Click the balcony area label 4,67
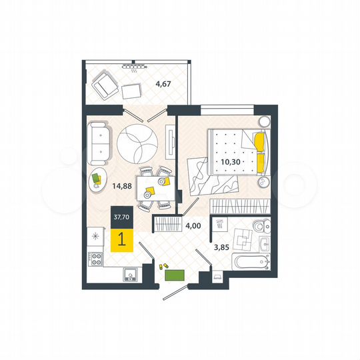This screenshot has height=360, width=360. click(x=163, y=84)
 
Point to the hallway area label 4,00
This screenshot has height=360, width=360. click(x=193, y=225)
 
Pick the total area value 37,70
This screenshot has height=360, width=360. click(x=122, y=217)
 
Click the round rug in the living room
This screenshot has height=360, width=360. click(x=137, y=141)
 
